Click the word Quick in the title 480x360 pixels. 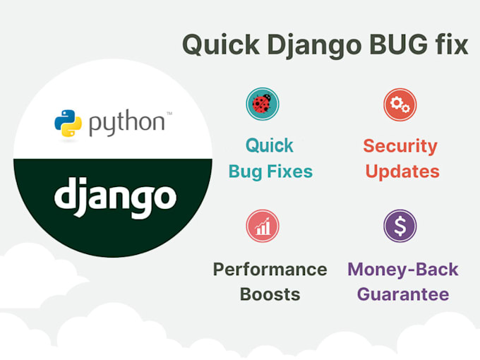tap(221, 45)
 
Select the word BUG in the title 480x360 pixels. tap(398, 44)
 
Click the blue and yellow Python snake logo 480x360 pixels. tap(68, 123)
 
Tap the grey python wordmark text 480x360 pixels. tap(127, 123)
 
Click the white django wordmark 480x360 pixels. tap(115, 197)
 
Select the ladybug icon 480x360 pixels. tap(263, 104)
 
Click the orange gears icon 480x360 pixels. tap(400, 104)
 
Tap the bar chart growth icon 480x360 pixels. tap(263, 226)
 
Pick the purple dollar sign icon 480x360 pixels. tap(400, 226)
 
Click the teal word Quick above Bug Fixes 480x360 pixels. tap(270, 145)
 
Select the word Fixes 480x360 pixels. tap(289, 171)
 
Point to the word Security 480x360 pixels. tap(400, 147)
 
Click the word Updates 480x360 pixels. tap(402, 172)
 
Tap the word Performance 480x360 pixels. tap(270, 270)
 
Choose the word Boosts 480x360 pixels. tap(270, 294)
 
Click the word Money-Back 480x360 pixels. tap(403, 270)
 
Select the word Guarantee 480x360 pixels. tap(403, 294)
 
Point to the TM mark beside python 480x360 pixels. tap(169, 113)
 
